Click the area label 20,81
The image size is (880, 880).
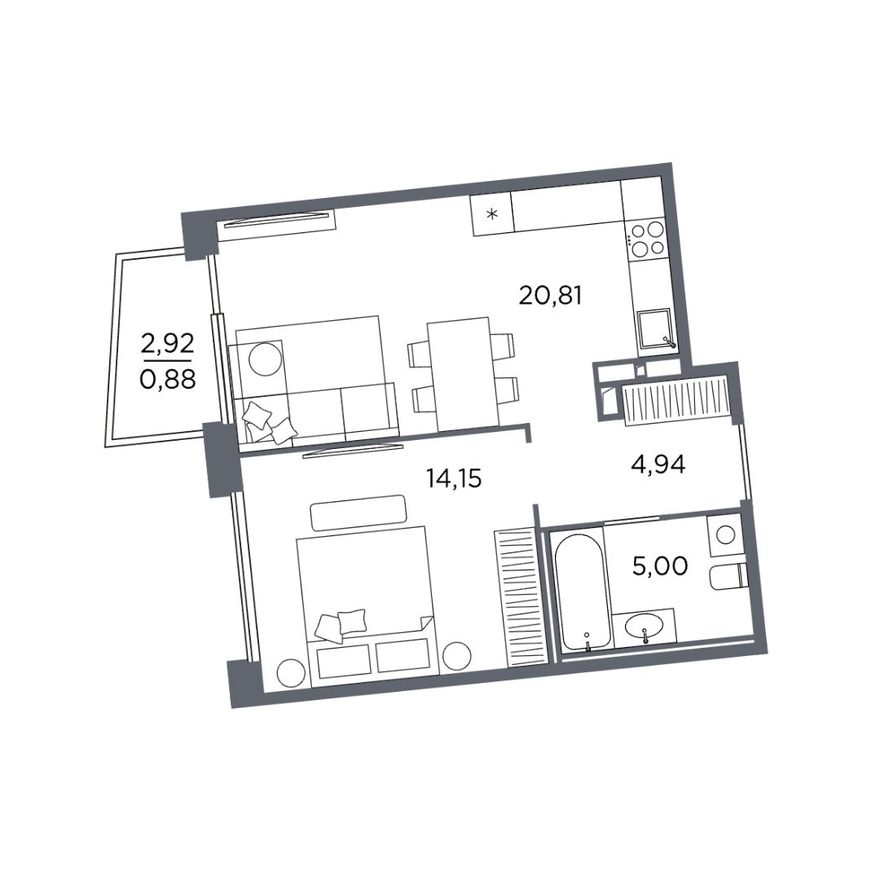coord(551,295)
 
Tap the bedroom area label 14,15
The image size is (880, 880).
coord(454,478)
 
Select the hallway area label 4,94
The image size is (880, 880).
coord(658,464)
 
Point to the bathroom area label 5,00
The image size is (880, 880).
coord(660,565)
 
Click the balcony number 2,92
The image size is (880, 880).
coord(167,343)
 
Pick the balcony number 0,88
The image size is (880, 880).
coord(167,380)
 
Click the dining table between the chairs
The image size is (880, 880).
coord(463,374)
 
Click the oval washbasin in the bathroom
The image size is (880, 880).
coord(644,627)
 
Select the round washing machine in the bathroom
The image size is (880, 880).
coord(726,535)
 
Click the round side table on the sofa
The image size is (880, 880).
coord(266,359)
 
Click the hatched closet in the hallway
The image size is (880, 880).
coord(676,402)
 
